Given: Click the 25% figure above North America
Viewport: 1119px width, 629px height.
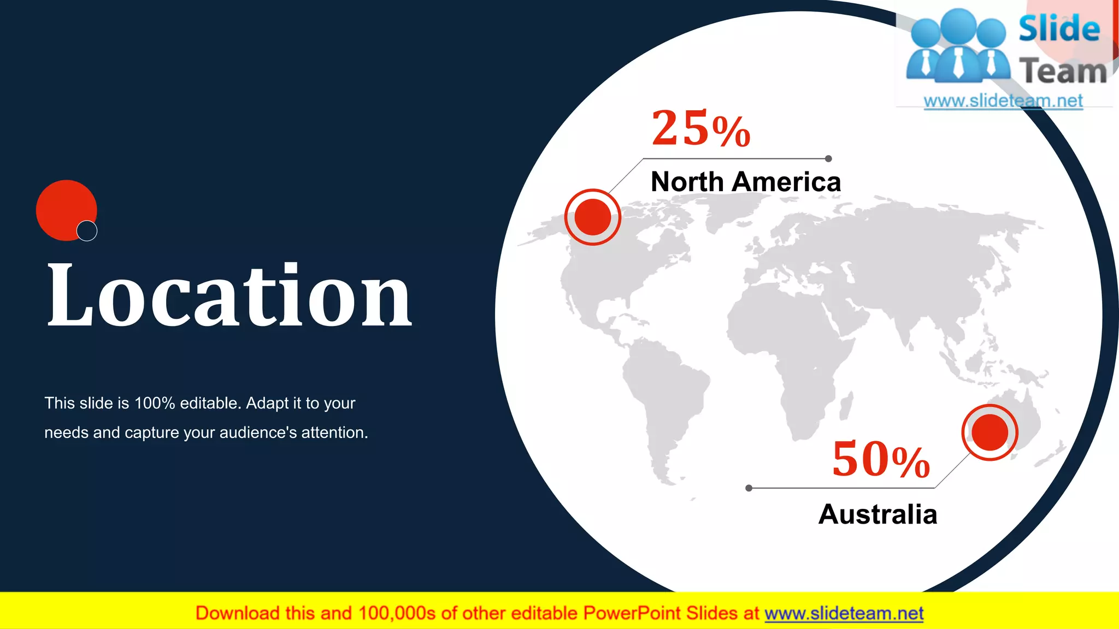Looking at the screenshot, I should (x=701, y=129).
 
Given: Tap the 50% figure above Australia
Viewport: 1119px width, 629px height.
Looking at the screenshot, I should (x=881, y=459).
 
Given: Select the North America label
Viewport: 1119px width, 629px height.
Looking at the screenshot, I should (x=746, y=182).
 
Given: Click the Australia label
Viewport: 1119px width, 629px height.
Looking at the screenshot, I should (x=877, y=514).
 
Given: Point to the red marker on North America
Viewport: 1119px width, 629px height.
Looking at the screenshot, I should (x=593, y=217).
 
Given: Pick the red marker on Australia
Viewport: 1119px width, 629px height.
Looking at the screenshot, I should (x=990, y=432).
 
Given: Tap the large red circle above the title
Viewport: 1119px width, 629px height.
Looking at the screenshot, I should (x=63, y=207).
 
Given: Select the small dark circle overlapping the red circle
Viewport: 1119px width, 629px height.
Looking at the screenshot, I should (x=87, y=231).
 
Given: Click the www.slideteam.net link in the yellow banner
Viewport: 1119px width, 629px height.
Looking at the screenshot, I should (x=844, y=614).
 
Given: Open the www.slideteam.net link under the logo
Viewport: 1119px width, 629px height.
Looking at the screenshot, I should (x=1003, y=101).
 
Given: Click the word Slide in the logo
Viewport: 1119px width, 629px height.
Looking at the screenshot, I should (x=1059, y=29).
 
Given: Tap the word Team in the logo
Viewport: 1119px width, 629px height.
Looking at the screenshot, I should (x=1063, y=72).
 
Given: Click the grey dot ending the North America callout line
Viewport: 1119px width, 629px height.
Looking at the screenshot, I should (x=828, y=159).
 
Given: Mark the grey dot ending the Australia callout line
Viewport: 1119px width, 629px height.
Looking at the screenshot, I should (x=749, y=488).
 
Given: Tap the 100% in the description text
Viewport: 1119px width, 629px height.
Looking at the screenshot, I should (x=155, y=403).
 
